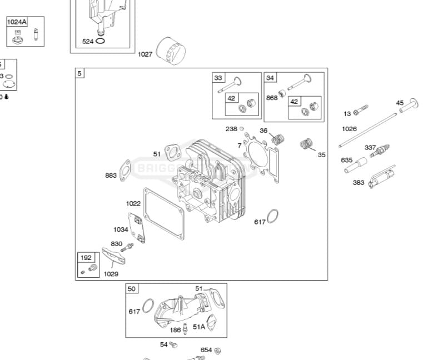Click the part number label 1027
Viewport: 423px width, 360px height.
tap(145, 54)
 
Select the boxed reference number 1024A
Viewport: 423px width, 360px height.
tap(17, 22)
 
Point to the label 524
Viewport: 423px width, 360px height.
tap(88, 41)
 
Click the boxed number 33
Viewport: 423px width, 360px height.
tap(218, 78)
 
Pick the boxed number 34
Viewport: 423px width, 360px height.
tap(270, 78)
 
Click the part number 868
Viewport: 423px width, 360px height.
tap(272, 97)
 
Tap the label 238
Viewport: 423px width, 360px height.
tap(231, 129)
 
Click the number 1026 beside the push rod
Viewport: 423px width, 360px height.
tap(349, 129)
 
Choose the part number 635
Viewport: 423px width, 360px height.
tap(347, 161)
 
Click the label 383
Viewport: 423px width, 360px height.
tap(359, 182)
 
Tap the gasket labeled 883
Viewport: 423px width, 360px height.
tap(126, 168)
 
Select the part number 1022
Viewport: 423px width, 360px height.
tap(133, 203)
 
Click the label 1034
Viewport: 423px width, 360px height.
tap(121, 229)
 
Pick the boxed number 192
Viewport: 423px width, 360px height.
tap(86, 258)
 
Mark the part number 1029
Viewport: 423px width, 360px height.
tap(111, 274)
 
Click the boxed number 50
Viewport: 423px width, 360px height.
tap(132, 289)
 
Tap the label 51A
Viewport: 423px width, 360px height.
tap(199, 327)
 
